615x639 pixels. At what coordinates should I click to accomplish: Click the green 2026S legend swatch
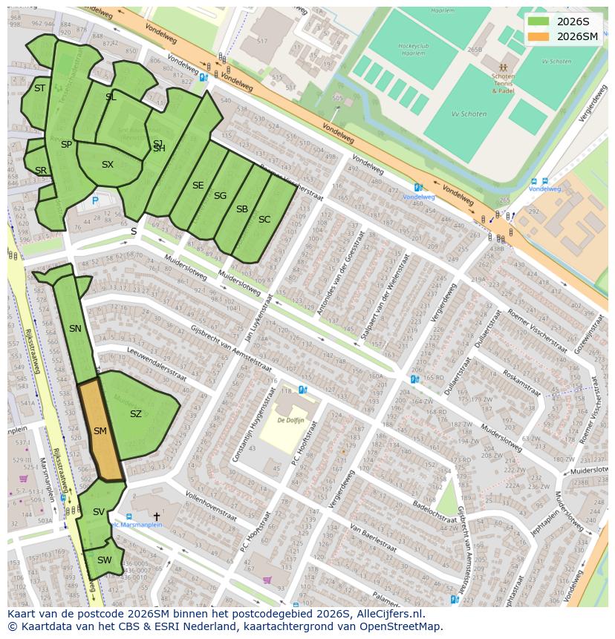[538, 22]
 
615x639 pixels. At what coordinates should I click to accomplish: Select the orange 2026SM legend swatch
[538, 36]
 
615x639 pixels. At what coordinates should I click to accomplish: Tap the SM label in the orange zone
[100, 430]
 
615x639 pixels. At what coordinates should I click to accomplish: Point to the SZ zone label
[135, 414]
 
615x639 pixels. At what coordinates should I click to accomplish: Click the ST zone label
[39, 88]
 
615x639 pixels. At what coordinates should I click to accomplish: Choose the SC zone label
[264, 219]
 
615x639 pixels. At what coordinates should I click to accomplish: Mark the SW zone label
[104, 560]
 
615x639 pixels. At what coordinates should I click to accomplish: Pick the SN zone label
[75, 329]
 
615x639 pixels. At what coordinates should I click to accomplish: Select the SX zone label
[108, 165]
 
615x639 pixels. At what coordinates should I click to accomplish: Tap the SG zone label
[220, 196]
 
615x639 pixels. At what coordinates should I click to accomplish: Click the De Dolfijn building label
[290, 419]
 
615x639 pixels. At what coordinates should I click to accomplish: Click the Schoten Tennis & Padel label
[503, 83]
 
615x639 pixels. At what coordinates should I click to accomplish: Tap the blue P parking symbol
[95, 200]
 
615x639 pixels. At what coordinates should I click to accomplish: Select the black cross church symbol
[156, 516]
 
